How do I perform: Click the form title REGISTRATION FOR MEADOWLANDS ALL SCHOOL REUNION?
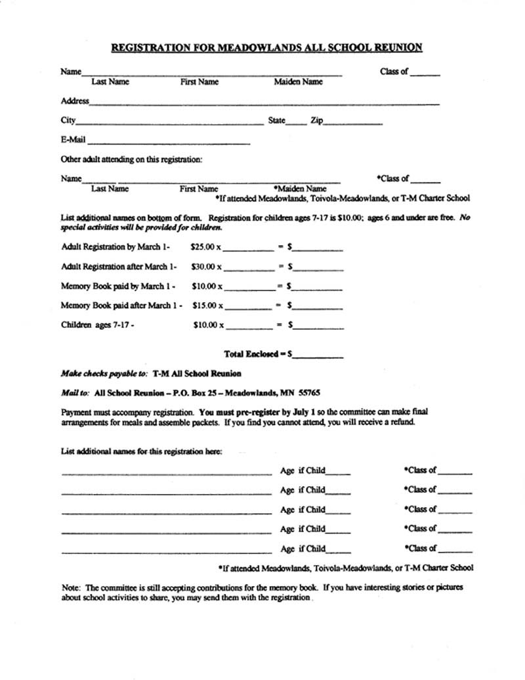click(266, 47)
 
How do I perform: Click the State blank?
click(296, 123)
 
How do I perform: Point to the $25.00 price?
click(203, 247)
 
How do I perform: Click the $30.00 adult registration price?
click(204, 267)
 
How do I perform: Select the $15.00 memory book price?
click(205, 306)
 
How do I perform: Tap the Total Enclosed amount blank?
click(318, 355)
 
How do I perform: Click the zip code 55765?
click(308, 392)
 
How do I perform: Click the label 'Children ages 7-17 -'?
click(97, 325)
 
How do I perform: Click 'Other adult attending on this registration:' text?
click(131, 159)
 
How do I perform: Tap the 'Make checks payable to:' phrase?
click(104, 373)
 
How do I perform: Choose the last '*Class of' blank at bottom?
click(455, 551)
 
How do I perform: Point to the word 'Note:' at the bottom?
click(71, 588)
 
